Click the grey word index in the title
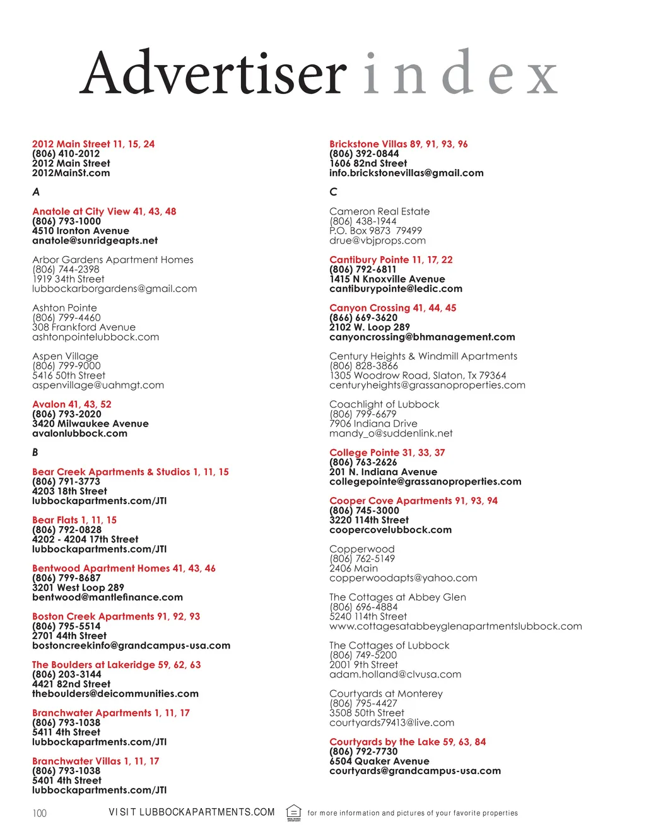coord(461,73)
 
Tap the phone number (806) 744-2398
coord(66,269)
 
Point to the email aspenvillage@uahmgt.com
coord(98,385)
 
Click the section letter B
coord(35,452)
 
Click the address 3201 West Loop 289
coord(78,587)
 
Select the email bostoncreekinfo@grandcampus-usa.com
coord(131,645)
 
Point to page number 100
coord(40,813)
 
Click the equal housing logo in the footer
coord(294,813)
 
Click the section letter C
coord(333,192)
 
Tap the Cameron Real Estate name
coord(379,211)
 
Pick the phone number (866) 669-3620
coord(363,317)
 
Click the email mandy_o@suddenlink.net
coord(391,433)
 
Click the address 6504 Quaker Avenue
coord(379,761)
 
